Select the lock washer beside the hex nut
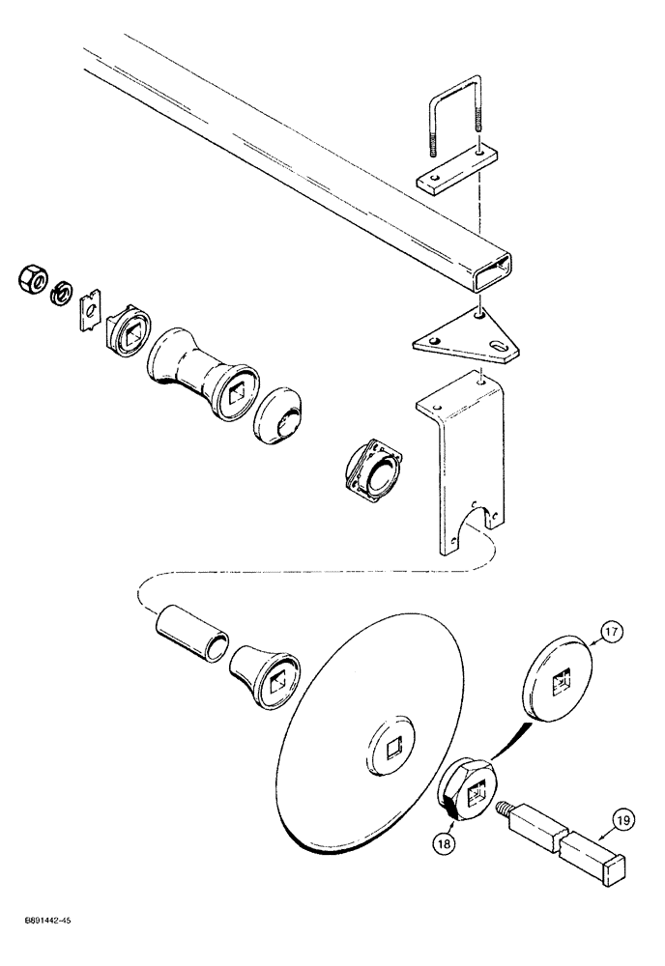pyautogui.click(x=60, y=289)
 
